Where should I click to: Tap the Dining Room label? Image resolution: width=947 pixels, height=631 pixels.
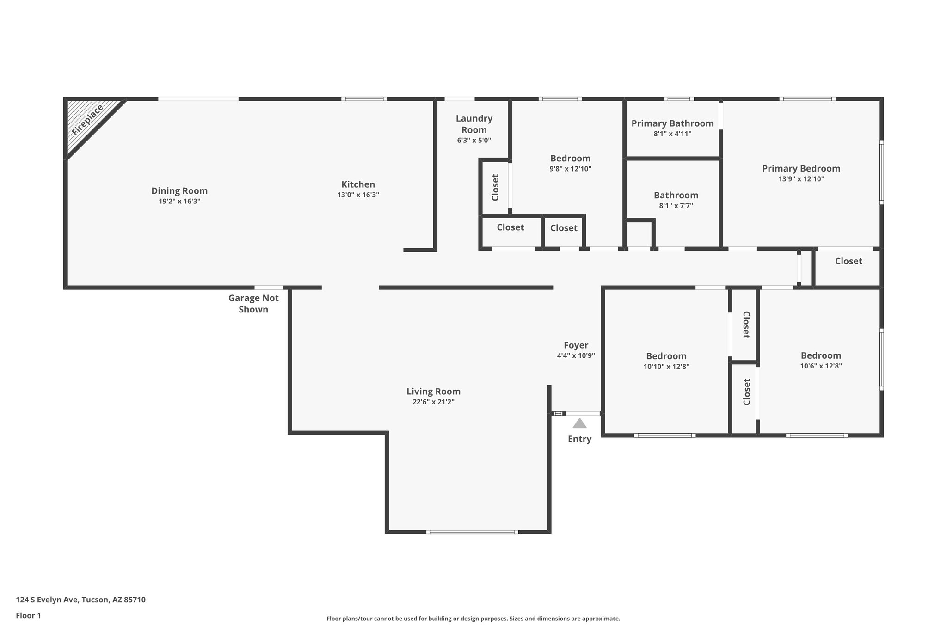[179, 191]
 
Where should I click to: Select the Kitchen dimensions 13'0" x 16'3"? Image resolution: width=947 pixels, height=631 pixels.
[358, 195]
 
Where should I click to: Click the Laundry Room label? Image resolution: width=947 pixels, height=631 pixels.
[474, 124]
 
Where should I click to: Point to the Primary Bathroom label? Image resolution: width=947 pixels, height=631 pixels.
[672, 123]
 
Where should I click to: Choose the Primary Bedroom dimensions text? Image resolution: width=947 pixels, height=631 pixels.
[801, 179]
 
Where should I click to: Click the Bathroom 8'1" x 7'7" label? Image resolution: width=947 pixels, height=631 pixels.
[676, 196]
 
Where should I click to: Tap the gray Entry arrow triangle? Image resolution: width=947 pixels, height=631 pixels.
[579, 423]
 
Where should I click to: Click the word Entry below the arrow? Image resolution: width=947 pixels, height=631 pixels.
[579, 439]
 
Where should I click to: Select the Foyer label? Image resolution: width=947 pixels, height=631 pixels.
[576, 345]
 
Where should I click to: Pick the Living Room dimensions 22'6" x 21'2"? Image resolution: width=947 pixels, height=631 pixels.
[433, 402]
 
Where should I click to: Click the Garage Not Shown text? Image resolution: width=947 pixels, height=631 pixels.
[253, 304]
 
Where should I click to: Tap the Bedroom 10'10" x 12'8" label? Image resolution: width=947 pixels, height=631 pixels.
[666, 356]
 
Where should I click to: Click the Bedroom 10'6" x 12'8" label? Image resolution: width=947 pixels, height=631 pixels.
[821, 355]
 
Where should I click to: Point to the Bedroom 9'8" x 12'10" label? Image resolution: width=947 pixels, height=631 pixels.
[570, 159]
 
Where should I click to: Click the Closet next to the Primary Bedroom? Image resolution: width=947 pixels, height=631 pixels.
[848, 261]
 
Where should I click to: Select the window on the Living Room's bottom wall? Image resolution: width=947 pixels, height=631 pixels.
[472, 532]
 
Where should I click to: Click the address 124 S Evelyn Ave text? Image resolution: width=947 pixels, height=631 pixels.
[80, 600]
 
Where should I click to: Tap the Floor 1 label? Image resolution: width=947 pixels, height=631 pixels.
[28, 615]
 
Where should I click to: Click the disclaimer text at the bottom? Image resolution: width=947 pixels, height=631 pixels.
[473, 619]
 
